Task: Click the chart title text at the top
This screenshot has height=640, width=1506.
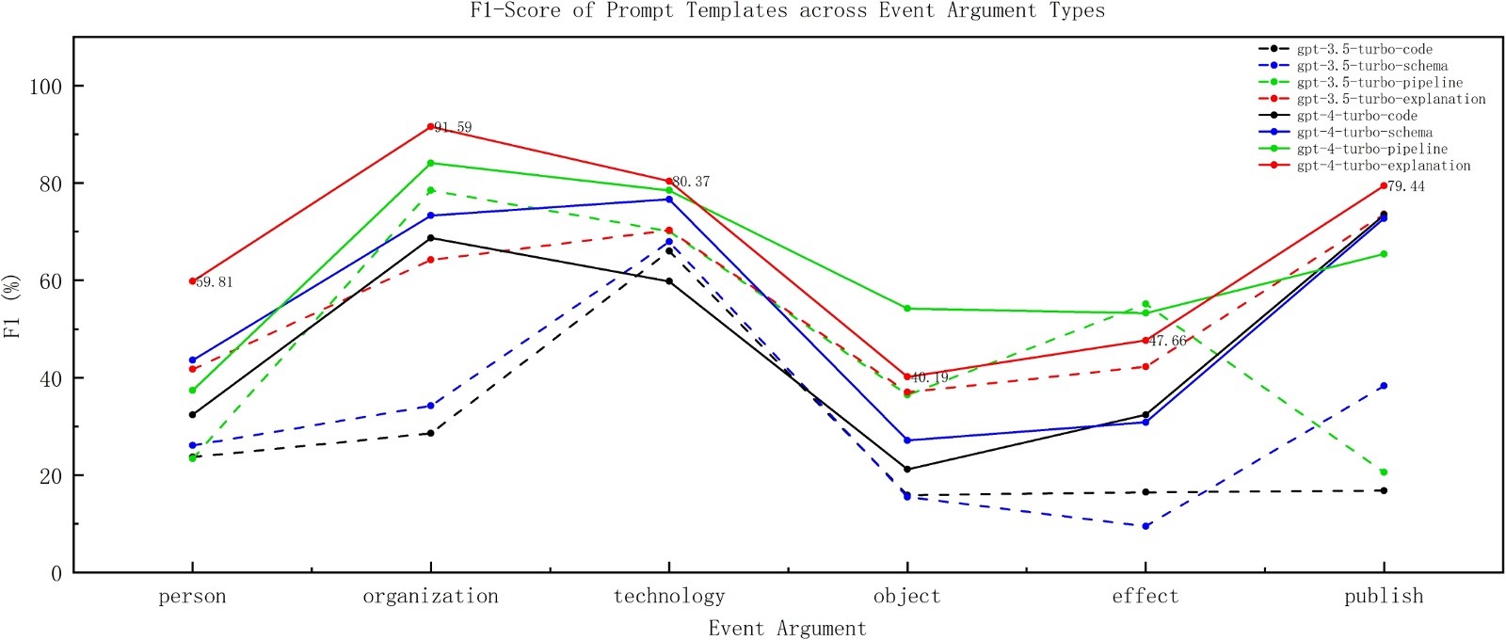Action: click(x=787, y=11)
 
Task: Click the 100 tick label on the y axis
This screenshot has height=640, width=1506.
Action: click(x=45, y=87)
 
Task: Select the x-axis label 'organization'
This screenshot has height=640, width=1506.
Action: click(x=430, y=597)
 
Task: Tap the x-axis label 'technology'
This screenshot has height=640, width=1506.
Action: click(x=669, y=597)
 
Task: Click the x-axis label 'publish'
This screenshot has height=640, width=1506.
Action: click(x=1384, y=597)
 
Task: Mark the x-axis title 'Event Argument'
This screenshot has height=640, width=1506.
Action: click(x=787, y=629)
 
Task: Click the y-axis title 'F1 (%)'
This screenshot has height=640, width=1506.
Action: click(x=12, y=307)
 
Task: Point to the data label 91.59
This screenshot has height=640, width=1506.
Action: click(x=454, y=127)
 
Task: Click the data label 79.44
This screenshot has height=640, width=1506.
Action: click(x=1406, y=186)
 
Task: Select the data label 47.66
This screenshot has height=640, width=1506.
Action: click(x=1168, y=341)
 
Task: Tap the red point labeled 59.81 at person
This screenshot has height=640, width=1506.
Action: click(x=193, y=281)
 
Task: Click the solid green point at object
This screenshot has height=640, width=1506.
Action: click(x=907, y=309)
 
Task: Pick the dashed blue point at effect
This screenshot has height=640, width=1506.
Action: click(x=1146, y=526)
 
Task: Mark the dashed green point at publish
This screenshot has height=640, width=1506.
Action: click(x=1384, y=472)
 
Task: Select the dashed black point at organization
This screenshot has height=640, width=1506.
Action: click(x=431, y=433)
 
